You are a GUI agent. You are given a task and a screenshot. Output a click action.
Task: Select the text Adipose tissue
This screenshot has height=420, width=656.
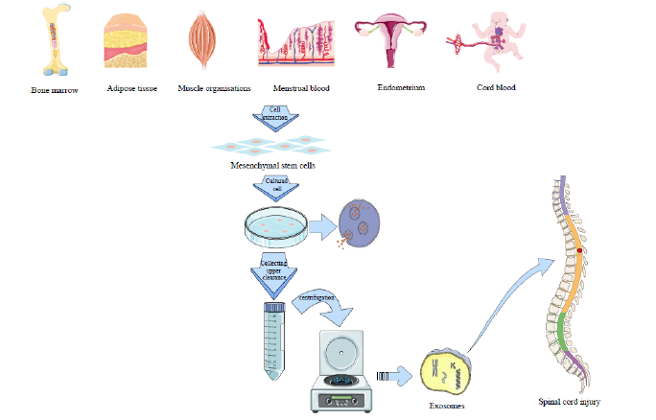132,88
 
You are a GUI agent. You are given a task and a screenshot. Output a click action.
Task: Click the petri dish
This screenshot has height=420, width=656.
275,227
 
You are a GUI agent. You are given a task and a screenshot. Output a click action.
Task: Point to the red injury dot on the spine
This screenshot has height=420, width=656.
579,251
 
